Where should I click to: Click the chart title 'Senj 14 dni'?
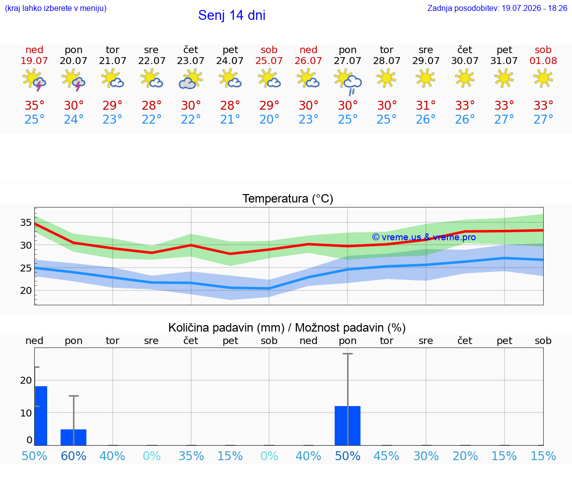232,15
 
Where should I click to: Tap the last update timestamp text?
497,8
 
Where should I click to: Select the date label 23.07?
191,61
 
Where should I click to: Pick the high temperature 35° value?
34,105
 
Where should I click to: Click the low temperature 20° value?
269,119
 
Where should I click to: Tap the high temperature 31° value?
426,105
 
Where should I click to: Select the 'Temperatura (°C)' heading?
288,199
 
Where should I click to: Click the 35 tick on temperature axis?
26,222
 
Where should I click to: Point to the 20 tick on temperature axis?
26,291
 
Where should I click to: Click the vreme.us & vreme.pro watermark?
424,237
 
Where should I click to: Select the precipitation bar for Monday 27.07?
348,425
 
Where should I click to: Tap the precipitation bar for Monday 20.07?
73,437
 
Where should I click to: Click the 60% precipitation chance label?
73,456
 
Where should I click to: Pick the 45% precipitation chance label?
386,456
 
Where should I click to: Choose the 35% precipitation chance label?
191,456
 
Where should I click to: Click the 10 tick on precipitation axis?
26,413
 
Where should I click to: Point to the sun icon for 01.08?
543,78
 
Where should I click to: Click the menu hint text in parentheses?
56,8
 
